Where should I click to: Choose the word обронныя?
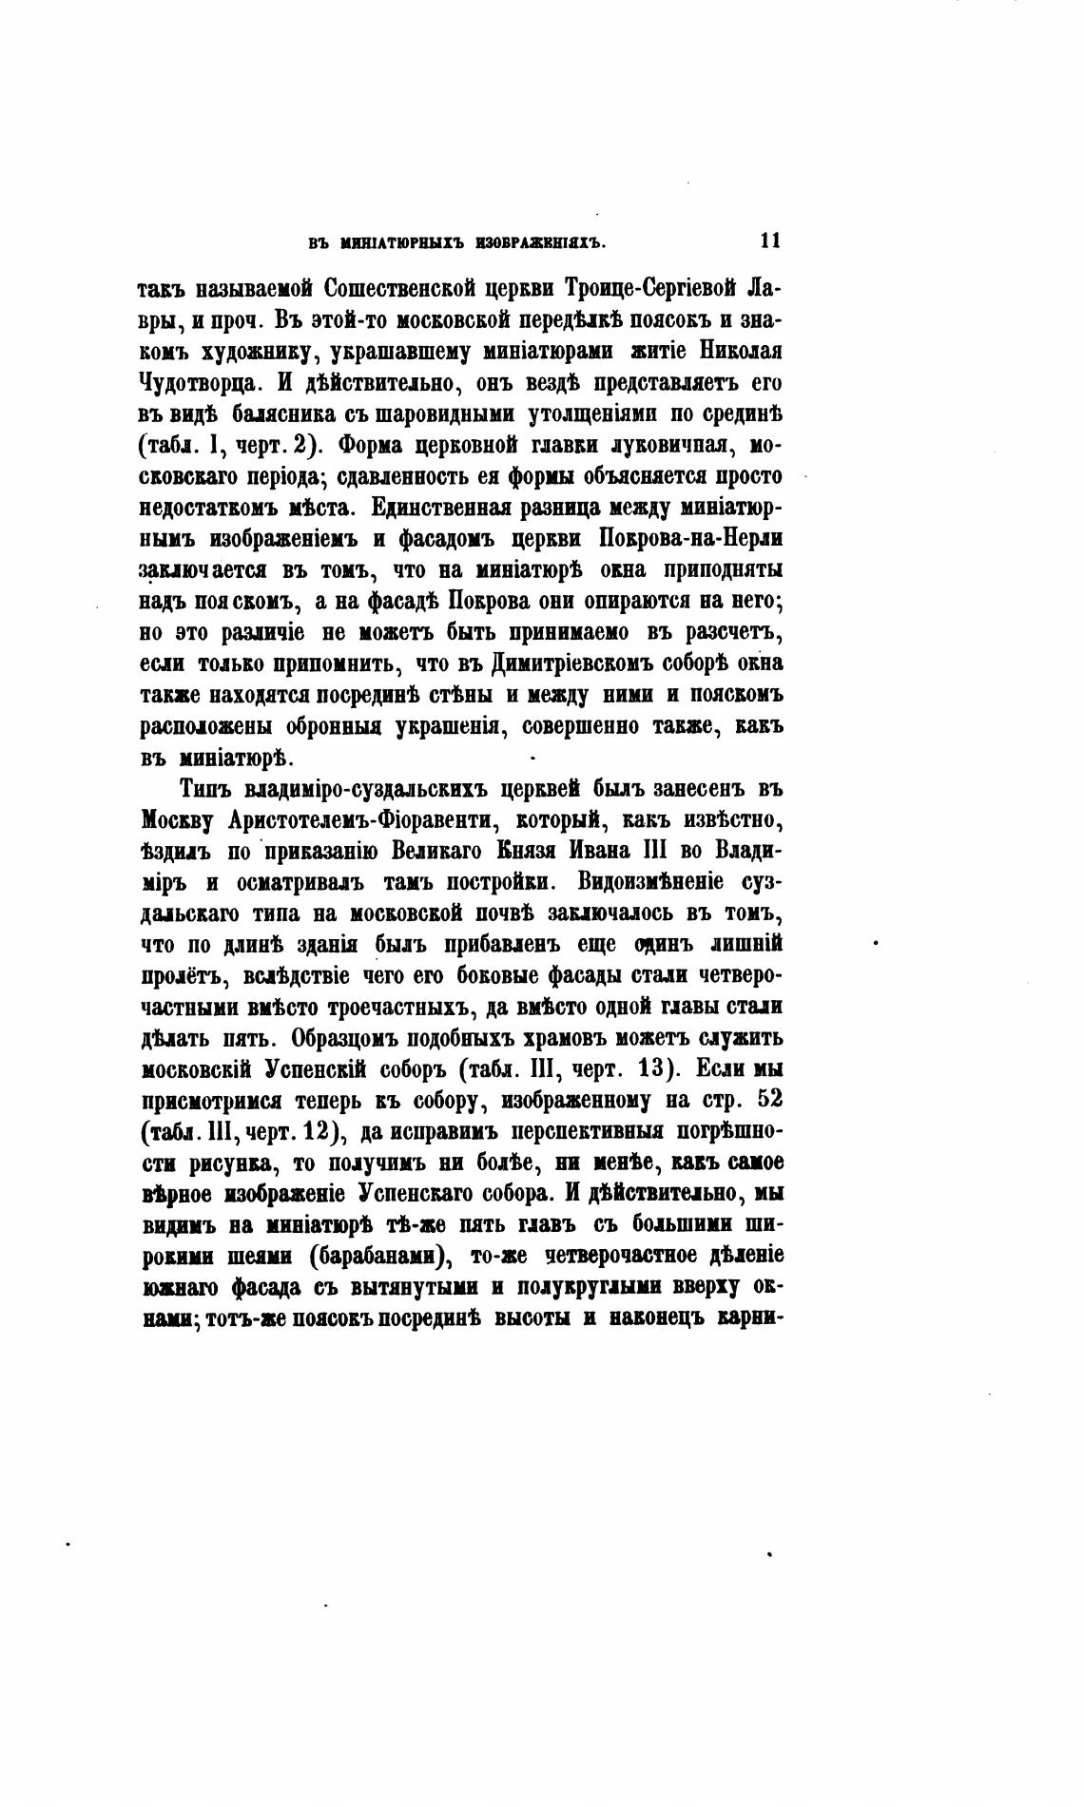[x=329, y=726]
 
